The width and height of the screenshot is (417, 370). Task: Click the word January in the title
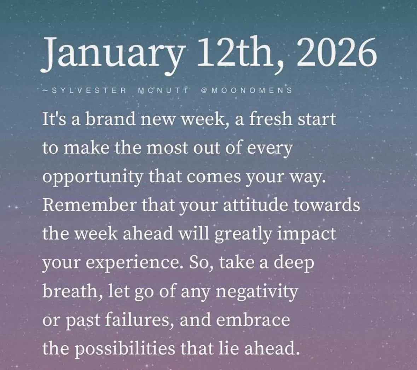click(112, 53)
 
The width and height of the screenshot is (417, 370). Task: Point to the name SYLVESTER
click(89, 90)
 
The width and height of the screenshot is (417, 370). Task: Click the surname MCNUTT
click(163, 90)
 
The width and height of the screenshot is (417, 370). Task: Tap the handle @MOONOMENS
click(247, 90)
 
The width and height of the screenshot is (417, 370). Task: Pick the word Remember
click(89, 205)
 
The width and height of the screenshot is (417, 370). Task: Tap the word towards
click(327, 205)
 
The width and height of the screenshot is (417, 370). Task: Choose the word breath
click(70, 291)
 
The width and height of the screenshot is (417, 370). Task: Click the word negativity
click(256, 291)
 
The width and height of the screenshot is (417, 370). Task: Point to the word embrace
click(253, 320)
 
